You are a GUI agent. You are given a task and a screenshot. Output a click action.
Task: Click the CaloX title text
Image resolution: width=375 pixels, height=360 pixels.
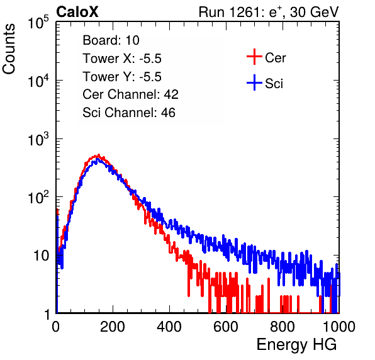(77, 12)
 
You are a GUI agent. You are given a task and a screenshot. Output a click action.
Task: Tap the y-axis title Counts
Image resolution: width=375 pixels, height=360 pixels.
(9, 49)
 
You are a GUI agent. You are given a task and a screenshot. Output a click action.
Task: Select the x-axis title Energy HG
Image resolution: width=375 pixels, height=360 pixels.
(296, 345)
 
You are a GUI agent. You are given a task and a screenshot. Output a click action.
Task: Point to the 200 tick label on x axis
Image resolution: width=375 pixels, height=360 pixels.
(113, 327)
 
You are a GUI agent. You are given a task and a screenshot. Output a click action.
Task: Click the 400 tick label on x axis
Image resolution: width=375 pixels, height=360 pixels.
(169, 327)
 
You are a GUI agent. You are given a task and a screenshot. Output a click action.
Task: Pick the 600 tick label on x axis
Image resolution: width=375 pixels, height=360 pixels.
(226, 327)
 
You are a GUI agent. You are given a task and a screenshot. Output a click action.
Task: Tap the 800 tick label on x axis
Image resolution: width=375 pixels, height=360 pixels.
(283, 327)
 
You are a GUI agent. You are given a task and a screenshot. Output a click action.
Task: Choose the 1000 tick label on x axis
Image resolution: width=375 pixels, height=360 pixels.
(339, 327)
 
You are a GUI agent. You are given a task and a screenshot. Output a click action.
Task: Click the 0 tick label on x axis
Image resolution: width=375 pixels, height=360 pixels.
(56, 327)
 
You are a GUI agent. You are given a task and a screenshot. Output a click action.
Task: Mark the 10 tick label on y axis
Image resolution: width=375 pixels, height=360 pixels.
(41, 256)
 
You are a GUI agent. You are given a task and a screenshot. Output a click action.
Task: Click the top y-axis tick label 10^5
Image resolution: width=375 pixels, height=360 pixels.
(38, 22)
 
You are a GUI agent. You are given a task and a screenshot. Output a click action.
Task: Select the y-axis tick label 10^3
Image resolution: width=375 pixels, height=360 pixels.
(38, 139)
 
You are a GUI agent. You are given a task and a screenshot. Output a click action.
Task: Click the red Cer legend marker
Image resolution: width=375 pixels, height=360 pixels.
(254, 57)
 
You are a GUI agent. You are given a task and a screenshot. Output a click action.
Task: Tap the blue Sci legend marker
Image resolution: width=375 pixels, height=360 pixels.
(254, 83)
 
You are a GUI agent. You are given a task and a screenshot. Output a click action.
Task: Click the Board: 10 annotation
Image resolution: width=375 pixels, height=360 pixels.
(111, 40)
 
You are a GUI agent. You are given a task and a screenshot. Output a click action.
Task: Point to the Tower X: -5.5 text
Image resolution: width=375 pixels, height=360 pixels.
(122, 59)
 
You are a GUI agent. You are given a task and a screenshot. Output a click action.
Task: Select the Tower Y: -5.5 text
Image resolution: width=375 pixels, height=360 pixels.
(122, 77)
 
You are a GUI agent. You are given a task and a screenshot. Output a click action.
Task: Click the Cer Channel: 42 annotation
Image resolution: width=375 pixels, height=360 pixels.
(131, 94)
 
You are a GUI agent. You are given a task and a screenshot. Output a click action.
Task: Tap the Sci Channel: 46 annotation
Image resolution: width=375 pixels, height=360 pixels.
(129, 113)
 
